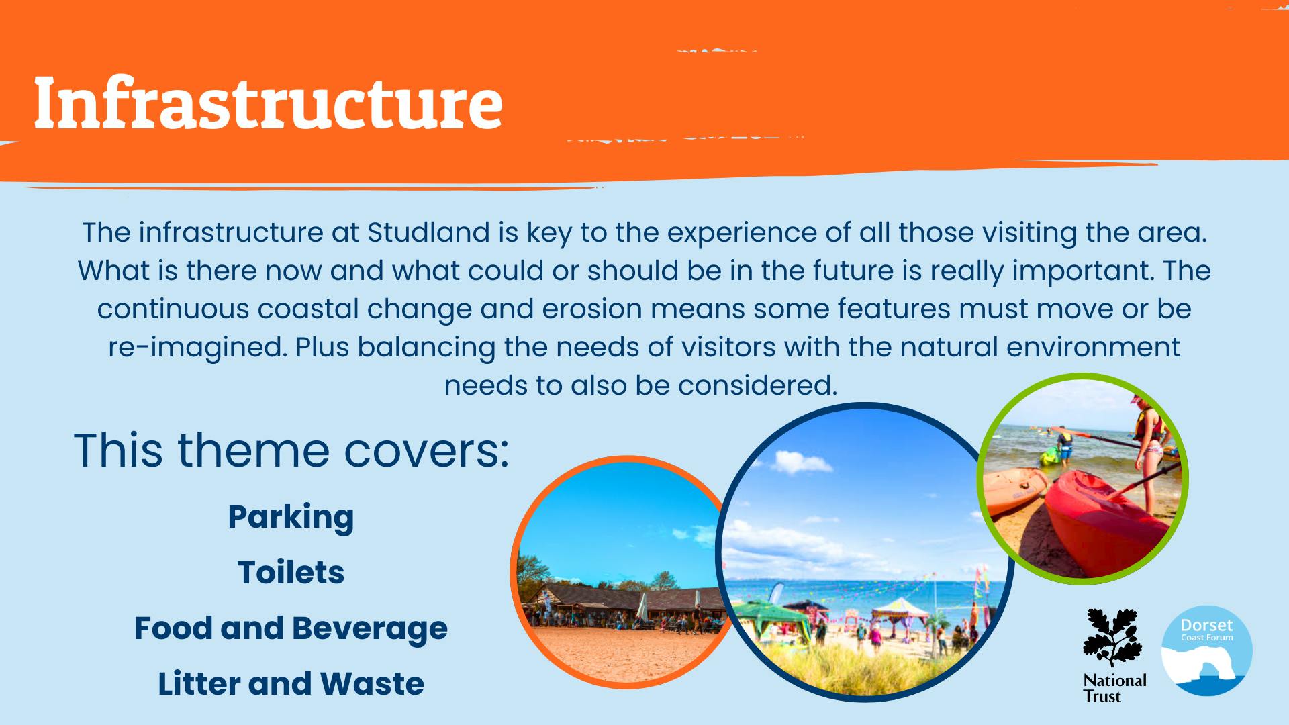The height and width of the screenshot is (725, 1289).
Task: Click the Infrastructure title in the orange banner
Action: click(268, 102)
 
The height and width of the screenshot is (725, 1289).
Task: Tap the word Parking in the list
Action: click(291, 518)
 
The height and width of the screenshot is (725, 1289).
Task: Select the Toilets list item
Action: click(291, 573)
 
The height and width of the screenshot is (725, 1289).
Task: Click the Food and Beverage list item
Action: click(291, 629)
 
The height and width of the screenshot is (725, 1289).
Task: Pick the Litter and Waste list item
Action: click(291, 684)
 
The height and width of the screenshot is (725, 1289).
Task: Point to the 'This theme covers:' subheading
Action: click(291, 450)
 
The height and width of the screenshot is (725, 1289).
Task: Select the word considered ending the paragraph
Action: click(757, 385)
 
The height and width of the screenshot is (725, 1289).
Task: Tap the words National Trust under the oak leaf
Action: click(1114, 688)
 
